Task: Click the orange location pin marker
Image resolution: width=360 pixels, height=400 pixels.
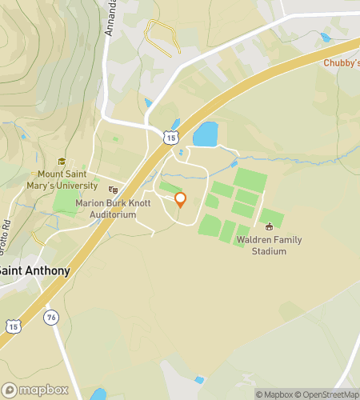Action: (x=180, y=200)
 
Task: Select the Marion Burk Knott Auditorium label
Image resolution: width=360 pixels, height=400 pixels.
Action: (x=112, y=209)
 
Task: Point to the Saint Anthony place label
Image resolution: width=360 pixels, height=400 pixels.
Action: (x=34, y=270)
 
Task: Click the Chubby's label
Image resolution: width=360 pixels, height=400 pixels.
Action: (x=341, y=63)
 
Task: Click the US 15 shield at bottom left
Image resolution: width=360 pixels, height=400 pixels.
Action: (x=12, y=326)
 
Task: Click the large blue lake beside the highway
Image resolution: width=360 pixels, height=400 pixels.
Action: (x=206, y=134)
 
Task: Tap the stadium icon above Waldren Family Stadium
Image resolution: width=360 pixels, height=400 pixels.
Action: (x=269, y=226)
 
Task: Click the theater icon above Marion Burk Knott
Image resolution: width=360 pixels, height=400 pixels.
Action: (x=113, y=190)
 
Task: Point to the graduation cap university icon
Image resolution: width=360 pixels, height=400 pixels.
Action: (x=60, y=161)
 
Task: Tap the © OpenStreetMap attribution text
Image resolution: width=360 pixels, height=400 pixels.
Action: (x=328, y=394)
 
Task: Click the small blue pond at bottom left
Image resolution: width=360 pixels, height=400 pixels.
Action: (x=98, y=394)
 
